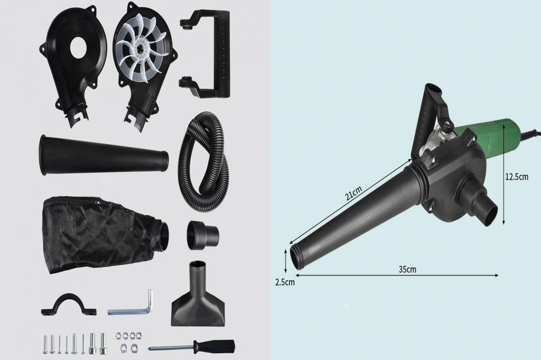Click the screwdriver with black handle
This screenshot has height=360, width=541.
pos(192,347)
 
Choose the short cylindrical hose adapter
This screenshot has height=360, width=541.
pos(203,235)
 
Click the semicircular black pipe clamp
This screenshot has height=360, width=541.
pos(69,306)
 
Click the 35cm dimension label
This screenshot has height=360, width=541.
pos(407,269)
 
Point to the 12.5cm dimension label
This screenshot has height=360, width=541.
pos(517,177)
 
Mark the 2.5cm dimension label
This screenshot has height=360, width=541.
pos(285,282)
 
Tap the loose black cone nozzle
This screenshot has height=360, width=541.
pos(104,155)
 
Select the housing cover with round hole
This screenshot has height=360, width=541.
pos(73,58)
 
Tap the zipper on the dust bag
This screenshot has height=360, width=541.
pos(98,202)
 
